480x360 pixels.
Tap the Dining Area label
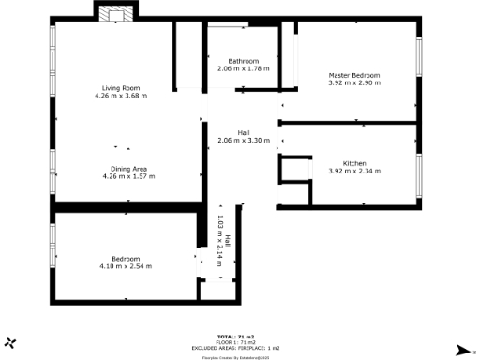click(x=125, y=168)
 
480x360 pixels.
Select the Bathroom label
click(x=243, y=62)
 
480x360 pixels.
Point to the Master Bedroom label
click(x=354, y=75)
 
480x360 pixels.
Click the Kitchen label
click(x=354, y=164)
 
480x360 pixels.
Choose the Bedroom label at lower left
click(x=126, y=259)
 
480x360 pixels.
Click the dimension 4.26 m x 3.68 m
click(x=124, y=96)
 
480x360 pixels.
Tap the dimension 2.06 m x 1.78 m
click(x=243, y=69)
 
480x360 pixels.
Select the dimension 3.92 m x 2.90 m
click(x=354, y=82)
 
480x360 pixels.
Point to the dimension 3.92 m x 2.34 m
click(x=354, y=172)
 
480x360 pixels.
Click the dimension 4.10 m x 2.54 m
click(x=126, y=266)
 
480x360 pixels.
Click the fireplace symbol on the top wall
click(x=117, y=12)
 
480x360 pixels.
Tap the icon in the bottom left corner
click(x=10, y=343)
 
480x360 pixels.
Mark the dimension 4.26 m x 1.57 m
click(x=125, y=175)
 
